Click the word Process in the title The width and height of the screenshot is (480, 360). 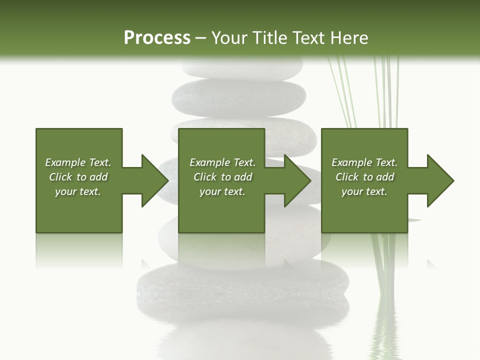157,37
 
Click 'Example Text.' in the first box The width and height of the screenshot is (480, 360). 78,162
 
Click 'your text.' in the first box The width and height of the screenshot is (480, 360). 78,191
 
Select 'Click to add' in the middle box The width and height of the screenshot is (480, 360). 222,177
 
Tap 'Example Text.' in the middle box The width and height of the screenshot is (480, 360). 222,162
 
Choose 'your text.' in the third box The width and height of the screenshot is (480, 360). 364,191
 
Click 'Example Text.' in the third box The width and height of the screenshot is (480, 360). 364,162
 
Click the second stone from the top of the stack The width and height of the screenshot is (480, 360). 239,97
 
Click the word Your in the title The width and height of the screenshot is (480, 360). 231,37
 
